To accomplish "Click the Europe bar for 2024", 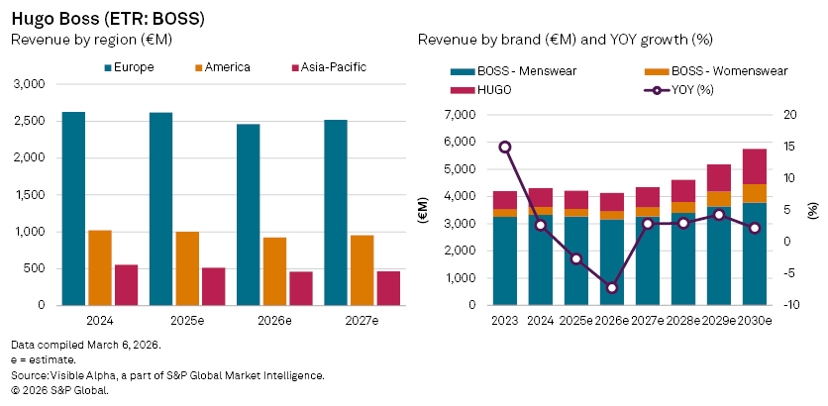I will (x=73, y=208).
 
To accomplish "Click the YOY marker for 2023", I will (x=505, y=147).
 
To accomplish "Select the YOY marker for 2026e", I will (x=612, y=287).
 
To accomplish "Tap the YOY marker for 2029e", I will (x=719, y=215).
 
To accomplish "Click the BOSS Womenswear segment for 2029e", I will (x=719, y=199).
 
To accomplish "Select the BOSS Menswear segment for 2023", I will (x=505, y=260).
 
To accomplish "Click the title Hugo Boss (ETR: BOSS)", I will (x=94, y=19).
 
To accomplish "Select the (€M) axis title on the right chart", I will (x=423, y=209).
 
